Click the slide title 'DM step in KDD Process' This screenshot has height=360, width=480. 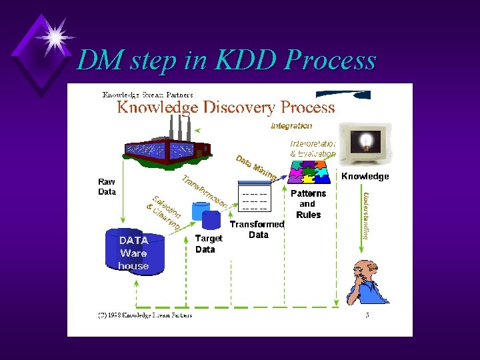click(x=226, y=60)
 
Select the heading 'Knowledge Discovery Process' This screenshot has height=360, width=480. click(x=226, y=107)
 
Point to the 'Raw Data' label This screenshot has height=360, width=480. click(x=107, y=187)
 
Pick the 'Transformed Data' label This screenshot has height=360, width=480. click(x=257, y=229)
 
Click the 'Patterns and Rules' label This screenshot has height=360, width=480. click(x=307, y=203)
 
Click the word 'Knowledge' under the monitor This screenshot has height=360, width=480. click(x=365, y=177)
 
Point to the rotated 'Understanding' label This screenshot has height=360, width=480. click(x=366, y=215)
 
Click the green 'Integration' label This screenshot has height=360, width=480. click(x=291, y=126)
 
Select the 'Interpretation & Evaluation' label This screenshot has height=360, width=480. click(x=312, y=149)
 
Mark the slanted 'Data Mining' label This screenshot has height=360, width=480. click(x=256, y=168)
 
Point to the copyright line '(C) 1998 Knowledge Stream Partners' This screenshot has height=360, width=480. click(x=145, y=315)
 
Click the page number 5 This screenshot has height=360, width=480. click(x=367, y=315)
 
